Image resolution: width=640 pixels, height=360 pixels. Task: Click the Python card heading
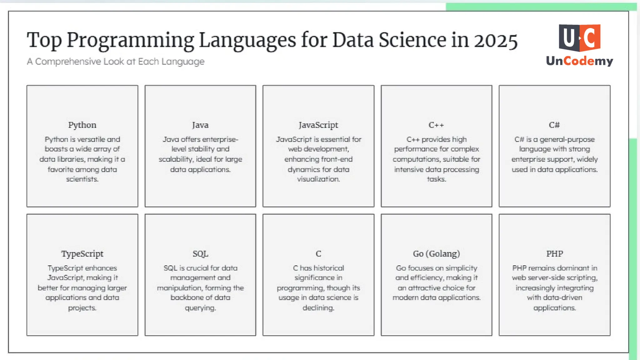coord(82,125)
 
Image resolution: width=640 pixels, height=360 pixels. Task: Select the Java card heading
coord(200,125)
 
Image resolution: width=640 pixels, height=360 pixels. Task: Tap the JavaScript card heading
coord(318,125)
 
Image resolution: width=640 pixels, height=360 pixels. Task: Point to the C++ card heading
coord(436,125)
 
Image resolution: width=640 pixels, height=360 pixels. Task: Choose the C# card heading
coord(554,125)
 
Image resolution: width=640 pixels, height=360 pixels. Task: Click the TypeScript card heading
coord(82,254)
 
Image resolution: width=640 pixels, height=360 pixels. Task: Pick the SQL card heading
coord(200,254)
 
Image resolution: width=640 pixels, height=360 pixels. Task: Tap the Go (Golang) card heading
coord(436,254)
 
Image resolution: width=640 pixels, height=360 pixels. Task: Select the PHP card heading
coord(554,254)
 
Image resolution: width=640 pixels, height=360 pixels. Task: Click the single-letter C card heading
coord(318,254)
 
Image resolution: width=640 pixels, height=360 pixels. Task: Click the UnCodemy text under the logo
coord(579,61)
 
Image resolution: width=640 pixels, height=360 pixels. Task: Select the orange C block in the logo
coord(590,37)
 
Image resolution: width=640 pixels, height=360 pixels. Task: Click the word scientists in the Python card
coord(82,179)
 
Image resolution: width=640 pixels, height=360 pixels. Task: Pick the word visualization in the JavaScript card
coord(318,179)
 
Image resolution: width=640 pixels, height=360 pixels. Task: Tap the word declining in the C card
coord(318,308)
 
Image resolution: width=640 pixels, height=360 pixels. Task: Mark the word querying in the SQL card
coord(200,308)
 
